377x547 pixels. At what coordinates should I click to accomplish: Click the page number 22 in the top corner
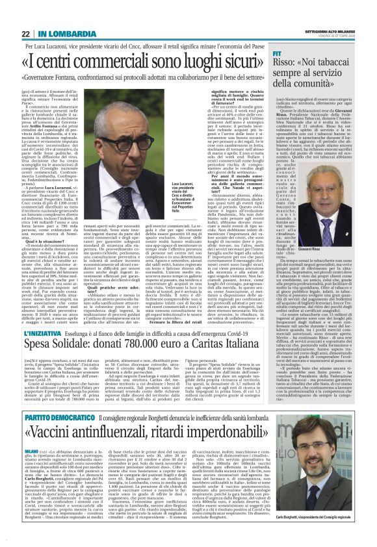[x=26, y=34]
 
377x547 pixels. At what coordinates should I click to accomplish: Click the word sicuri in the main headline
[x=217, y=62]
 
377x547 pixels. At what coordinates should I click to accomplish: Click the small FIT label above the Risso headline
[x=276, y=51]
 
